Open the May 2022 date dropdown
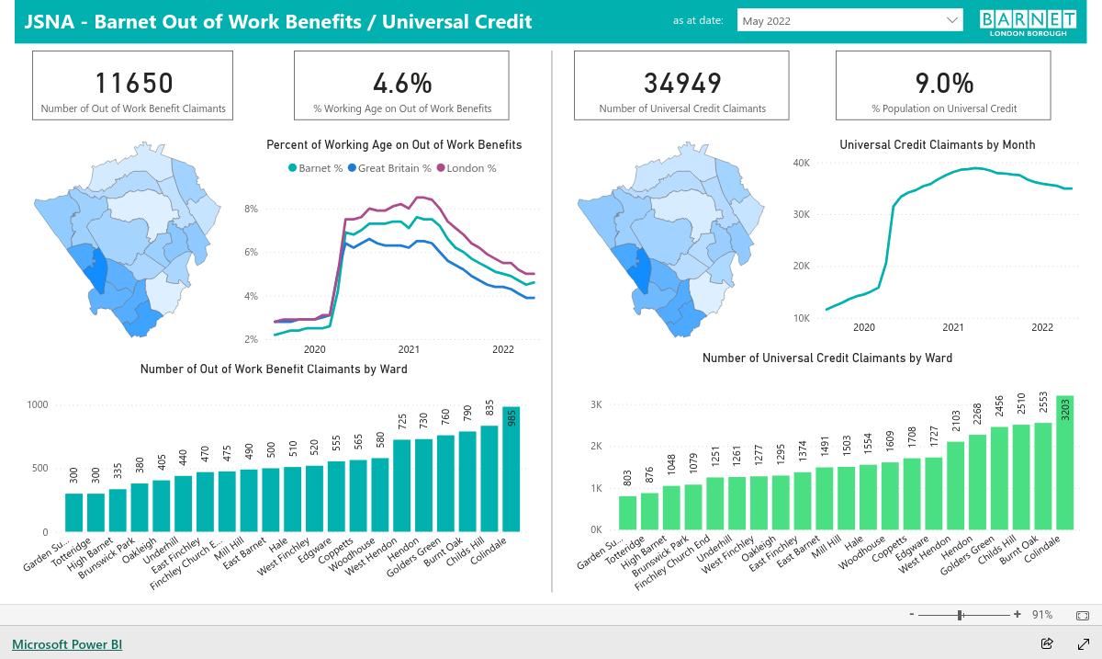[849, 21]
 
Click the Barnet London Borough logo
[1028, 23]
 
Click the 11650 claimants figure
[134, 83]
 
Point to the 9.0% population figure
[944, 83]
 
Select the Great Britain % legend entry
[389, 168]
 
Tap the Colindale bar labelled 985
[512, 469]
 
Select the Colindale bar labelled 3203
[1064, 462]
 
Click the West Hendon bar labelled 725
[402, 485]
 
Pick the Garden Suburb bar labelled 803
[627, 513]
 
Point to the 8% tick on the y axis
[251, 209]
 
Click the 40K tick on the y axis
[801, 163]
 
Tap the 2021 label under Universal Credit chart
[953, 327]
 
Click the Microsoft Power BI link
[67, 644]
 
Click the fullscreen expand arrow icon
[1084, 644]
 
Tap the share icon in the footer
[1047, 643]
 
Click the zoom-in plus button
[1018, 614]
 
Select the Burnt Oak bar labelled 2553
[1043, 476]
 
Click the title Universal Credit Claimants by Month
[938, 145]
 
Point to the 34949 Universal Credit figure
[682, 83]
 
